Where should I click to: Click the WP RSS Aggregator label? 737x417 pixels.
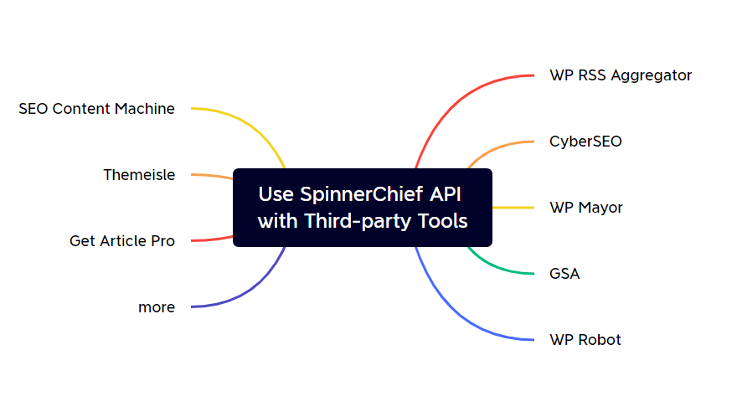click(621, 75)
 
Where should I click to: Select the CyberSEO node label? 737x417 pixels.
click(585, 142)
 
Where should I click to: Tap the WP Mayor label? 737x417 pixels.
click(586, 208)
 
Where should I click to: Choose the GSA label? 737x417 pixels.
click(564, 274)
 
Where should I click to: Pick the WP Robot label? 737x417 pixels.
click(585, 340)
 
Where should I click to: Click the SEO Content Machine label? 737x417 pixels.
click(97, 109)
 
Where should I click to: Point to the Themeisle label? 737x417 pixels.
click(139, 175)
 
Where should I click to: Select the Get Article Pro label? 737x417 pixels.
click(122, 241)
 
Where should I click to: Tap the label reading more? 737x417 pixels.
click(157, 307)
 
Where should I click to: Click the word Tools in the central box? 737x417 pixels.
click(441, 222)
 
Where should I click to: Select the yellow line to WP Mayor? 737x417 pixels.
click(513, 208)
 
